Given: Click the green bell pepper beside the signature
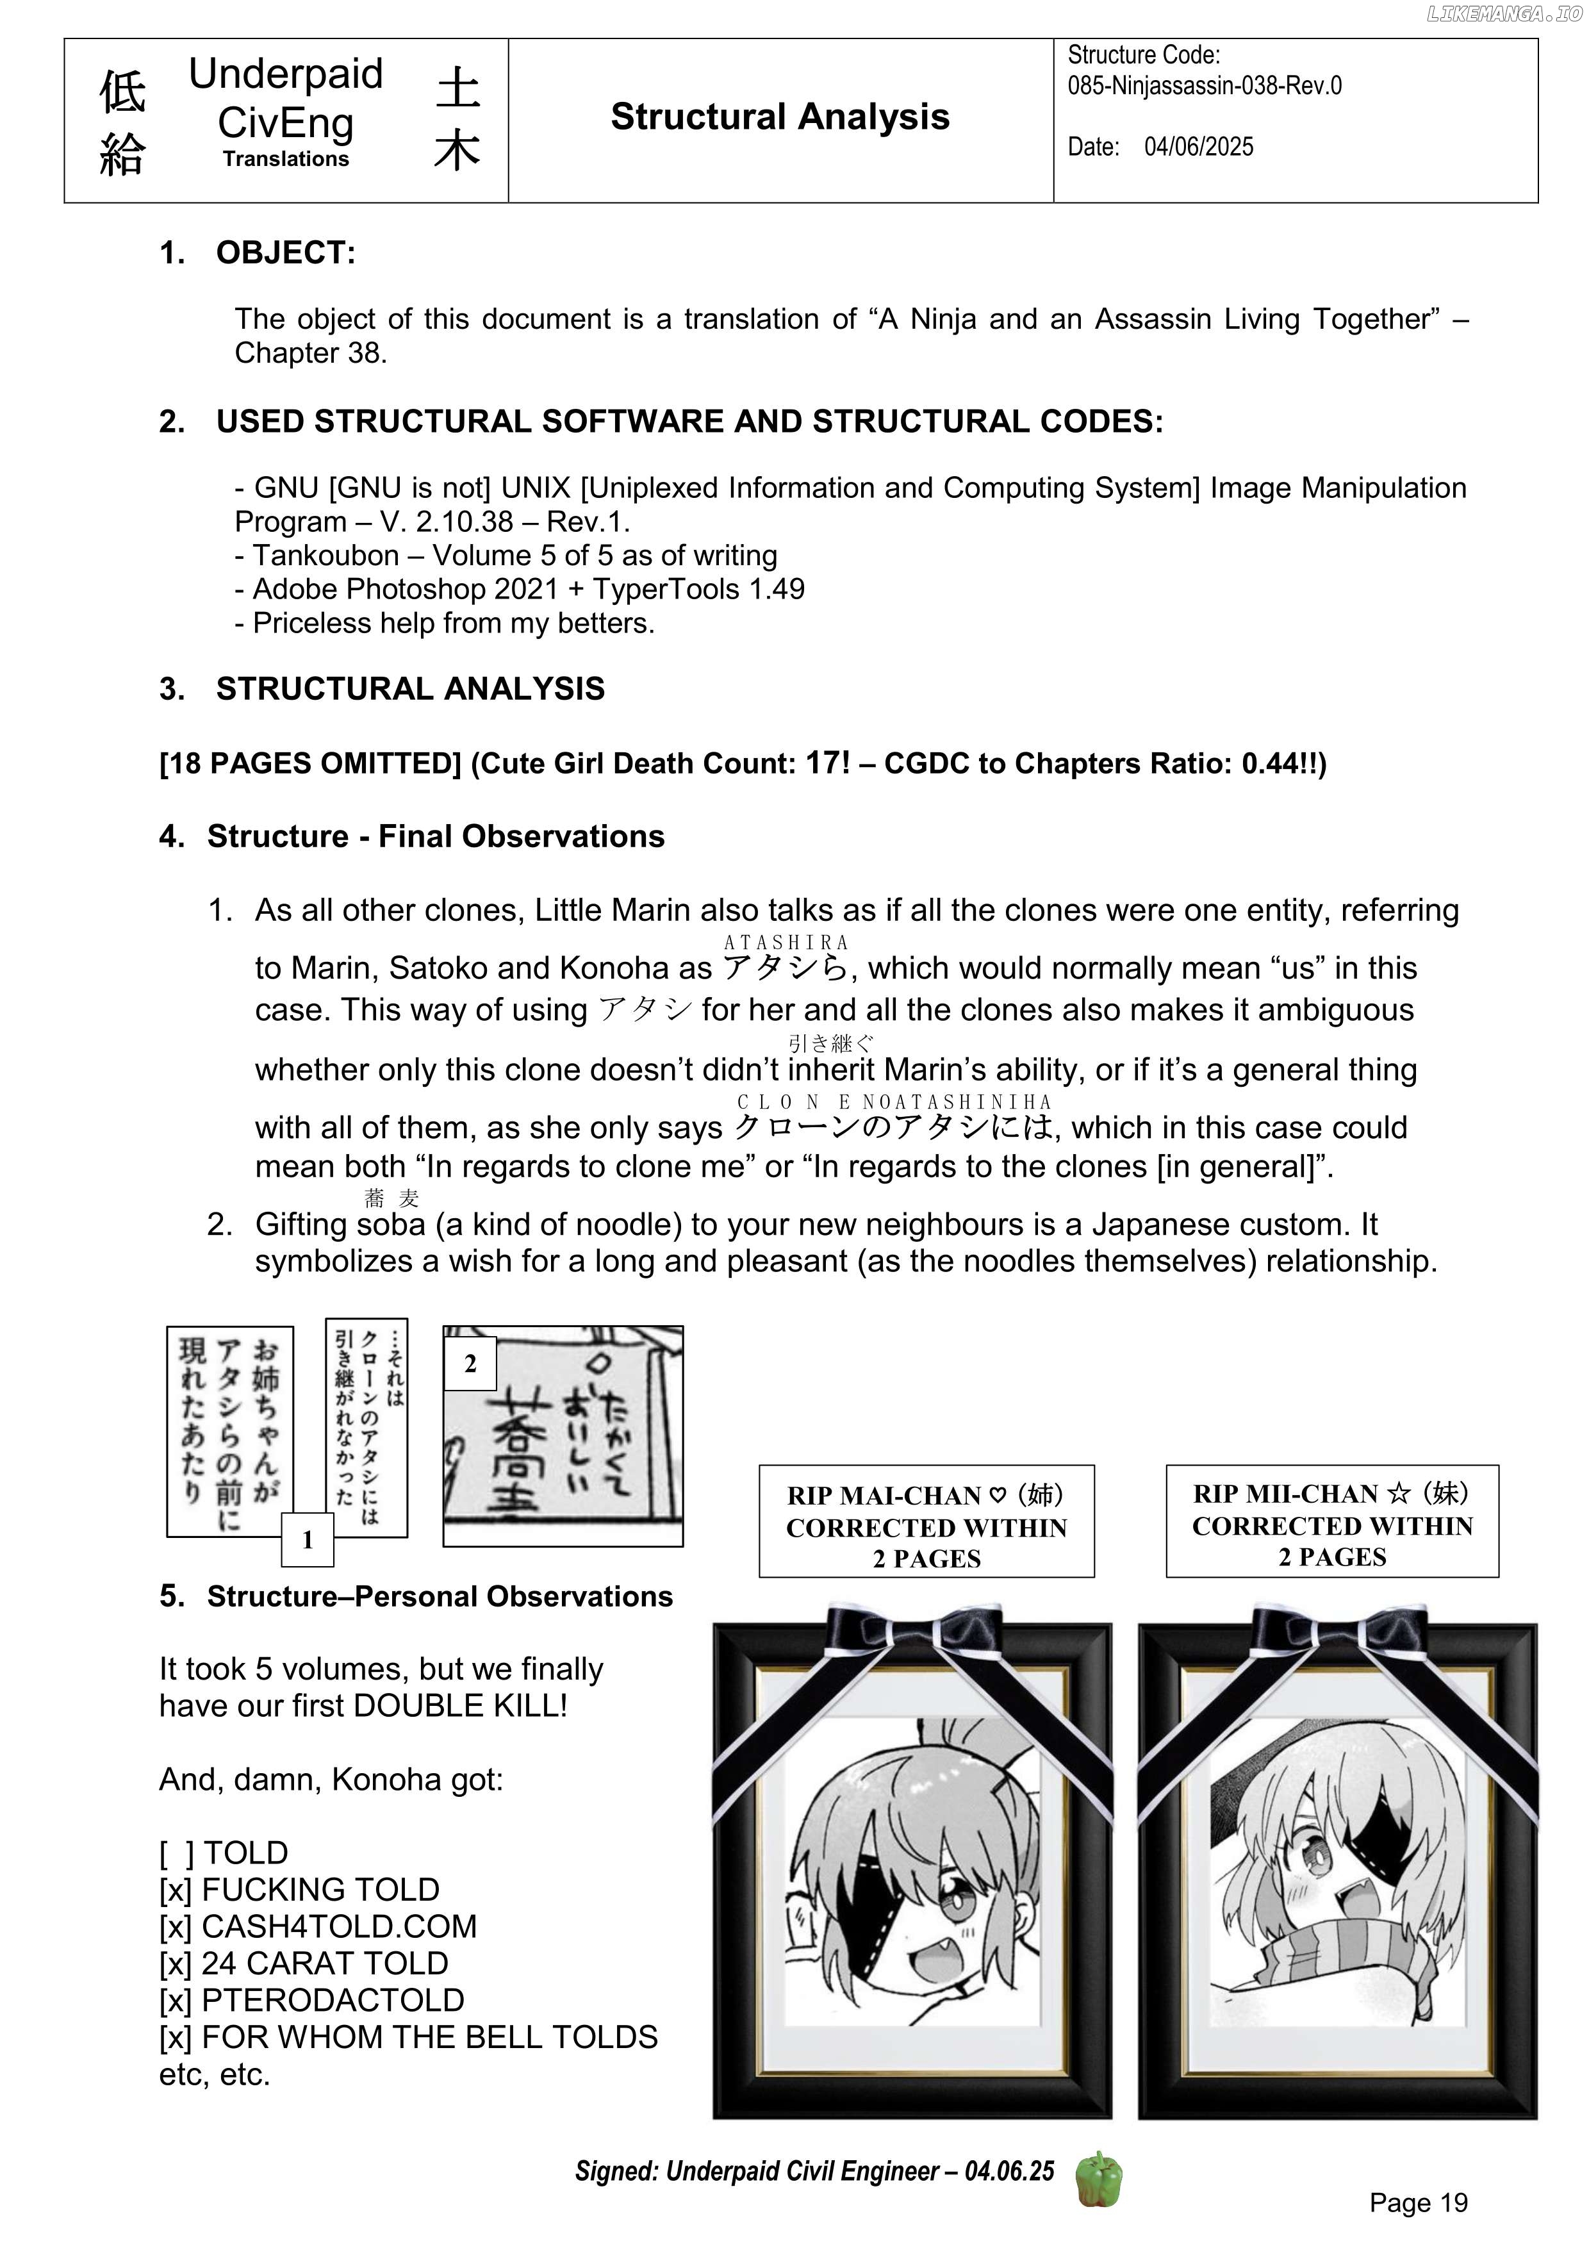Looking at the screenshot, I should pyautogui.click(x=1098, y=2179).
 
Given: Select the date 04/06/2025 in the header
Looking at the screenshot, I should pyautogui.click(x=1198, y=147).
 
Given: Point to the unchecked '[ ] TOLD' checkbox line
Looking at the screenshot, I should pyautogui.click(x=224, y=1853).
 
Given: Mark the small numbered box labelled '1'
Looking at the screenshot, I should pyautogui.click(x=308, y=1540).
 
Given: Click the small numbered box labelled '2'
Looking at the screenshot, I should pyautogui.click(x=470, y=1363).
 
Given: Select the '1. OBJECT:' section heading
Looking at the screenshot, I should pyautogui.click(x=258, y=252).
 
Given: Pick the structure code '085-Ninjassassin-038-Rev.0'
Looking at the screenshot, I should pyautogui.click(x=1204, y=86).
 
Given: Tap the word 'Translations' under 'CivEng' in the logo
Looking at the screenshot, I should pyautogui.click(x=285, y=159).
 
